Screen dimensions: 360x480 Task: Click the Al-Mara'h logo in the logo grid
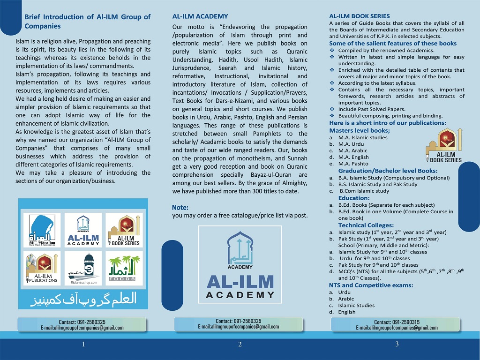[42, 230]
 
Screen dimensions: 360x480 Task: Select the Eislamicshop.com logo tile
[83, 269]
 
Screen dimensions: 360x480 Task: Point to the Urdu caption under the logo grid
[83, 299]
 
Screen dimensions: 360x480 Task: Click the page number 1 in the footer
[83, 345]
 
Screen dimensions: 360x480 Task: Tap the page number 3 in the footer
[397, 345]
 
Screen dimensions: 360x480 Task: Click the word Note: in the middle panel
[180, 207]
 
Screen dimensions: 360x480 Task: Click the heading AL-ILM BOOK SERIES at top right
[360, 16]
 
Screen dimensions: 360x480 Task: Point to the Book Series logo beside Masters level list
[443, 146]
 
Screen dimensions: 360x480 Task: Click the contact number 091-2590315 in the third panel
[397, 322]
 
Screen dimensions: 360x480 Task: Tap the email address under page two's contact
[238, 327]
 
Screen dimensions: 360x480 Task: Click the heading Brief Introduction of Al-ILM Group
[87, 21]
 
